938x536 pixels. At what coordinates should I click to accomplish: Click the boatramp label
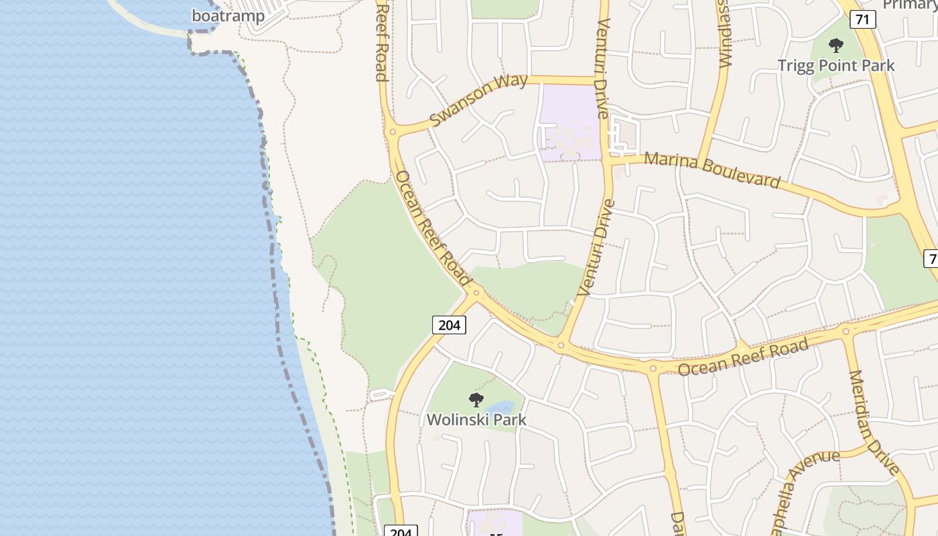(228, 15)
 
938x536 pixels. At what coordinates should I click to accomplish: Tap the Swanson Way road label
(478, 100)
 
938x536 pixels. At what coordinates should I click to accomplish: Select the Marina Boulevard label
(712, 170)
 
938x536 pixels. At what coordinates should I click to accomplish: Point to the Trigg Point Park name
(835, 66)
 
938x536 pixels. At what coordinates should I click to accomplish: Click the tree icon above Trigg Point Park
(835, 46)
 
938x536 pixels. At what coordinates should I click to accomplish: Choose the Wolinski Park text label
(476, 420)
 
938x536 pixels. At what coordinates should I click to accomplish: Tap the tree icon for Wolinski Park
(476, 400)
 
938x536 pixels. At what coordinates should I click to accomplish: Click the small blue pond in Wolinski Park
(500, 408)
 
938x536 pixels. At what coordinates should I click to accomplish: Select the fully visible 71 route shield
(862, 19)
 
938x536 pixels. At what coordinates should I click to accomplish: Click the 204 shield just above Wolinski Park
(448, 325)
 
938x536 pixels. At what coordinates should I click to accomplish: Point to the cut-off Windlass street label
(725, 33)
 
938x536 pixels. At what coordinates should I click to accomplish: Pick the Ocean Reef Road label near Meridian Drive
(743, 357)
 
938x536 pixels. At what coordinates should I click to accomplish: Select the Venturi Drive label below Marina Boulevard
(596, 247)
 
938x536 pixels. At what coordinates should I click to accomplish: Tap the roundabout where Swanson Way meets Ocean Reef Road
(392, 132)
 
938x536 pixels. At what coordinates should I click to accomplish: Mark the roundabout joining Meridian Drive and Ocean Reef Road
(846, 331)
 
